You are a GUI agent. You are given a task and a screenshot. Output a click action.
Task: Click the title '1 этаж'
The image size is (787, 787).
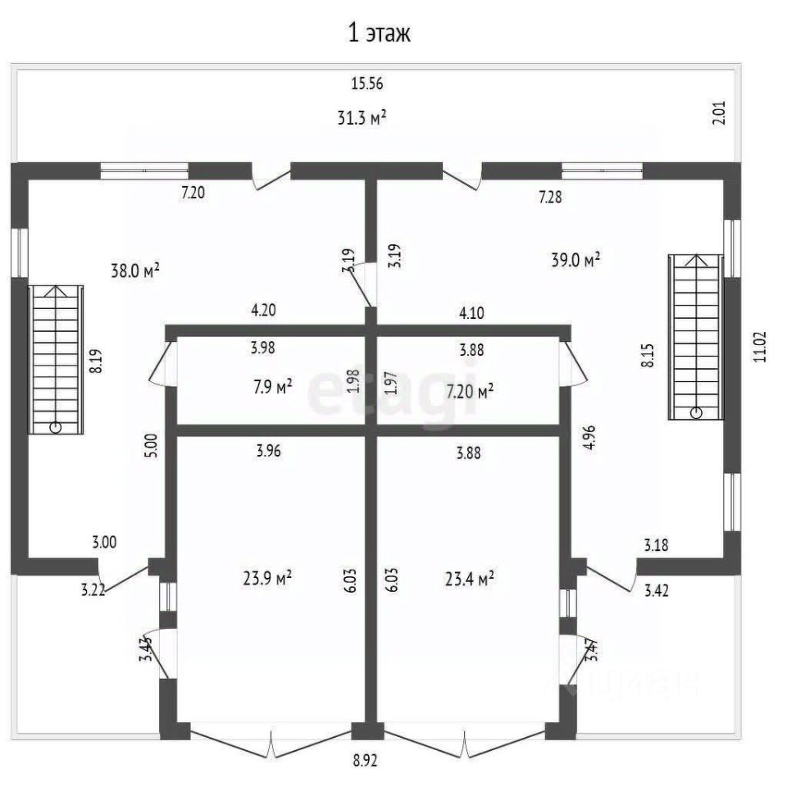(379, 34)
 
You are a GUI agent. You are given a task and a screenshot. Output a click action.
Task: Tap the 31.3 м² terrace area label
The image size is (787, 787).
(362, 118)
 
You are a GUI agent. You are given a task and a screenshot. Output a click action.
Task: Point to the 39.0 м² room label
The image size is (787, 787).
(575, 260)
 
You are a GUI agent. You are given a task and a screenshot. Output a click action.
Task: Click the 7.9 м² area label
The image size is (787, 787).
(272, 386)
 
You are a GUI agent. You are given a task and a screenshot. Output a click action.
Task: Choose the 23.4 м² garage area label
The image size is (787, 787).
(469, 580)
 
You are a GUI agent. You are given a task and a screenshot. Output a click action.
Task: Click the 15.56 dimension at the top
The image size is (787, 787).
(367, 83)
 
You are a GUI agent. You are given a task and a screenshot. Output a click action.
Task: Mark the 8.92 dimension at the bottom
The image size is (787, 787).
(365, 760)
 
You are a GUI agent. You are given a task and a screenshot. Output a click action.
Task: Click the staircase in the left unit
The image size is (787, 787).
(55, 358)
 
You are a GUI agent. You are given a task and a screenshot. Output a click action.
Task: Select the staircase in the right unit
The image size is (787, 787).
(697, 336)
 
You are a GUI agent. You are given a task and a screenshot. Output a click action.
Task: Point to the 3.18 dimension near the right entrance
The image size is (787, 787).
(657, 544)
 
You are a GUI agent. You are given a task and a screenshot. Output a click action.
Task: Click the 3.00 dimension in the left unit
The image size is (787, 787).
(104, 542)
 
